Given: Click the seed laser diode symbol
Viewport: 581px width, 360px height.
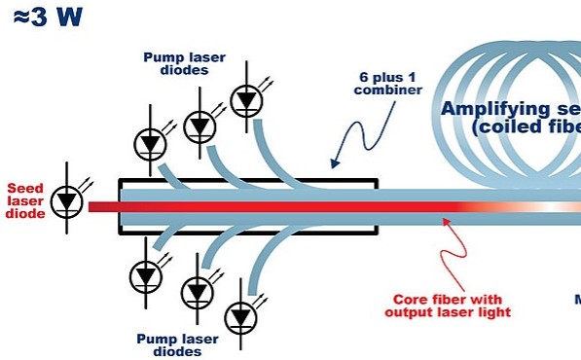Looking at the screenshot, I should (x=66, y=200).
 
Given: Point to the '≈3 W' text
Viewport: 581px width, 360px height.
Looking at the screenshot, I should (x=48, y=18).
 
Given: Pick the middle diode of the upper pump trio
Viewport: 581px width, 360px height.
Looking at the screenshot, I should (x=200, y=125).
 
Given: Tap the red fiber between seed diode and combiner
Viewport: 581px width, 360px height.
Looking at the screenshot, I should (x=103, y=206).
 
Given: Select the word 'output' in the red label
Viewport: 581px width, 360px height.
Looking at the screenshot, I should (x=409, y=312).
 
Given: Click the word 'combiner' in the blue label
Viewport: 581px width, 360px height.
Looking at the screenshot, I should (x=395, y=90).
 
